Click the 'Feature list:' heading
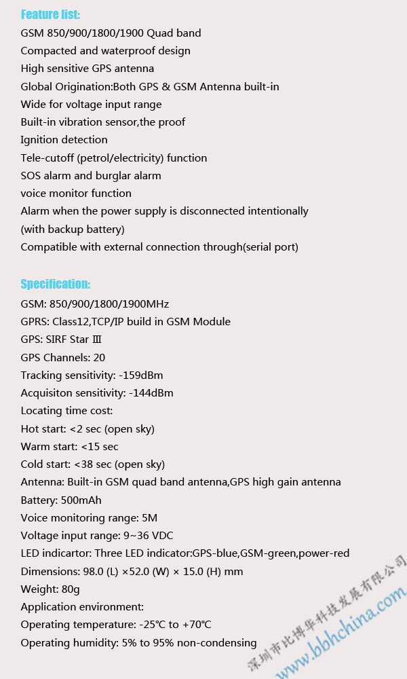click(50, 14)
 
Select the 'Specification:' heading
click(55, 284)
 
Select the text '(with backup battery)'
click(73, 229)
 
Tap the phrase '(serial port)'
click(270, 247)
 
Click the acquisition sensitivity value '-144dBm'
click(151, 393)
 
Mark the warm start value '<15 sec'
click(100, 447)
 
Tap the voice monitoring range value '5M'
click(149, 517)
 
